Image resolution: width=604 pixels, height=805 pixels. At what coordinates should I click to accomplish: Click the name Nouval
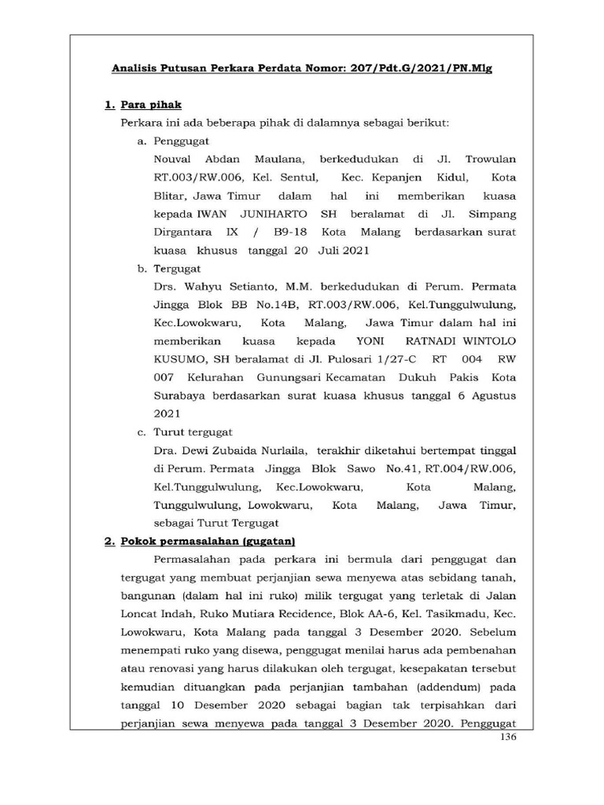pyautogui.click(x=175, y=159)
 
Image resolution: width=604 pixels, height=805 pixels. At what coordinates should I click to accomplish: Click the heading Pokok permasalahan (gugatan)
pyautogui.click(x=207, y=542)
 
